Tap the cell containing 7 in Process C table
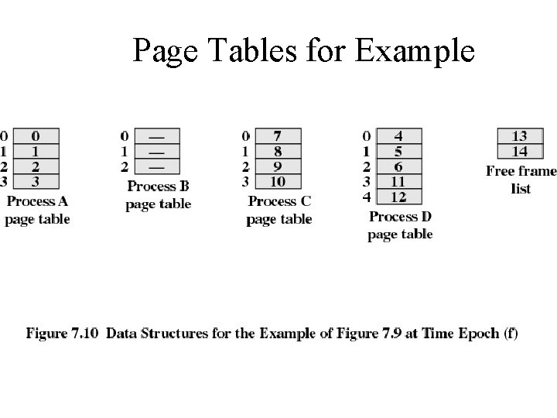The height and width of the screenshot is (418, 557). click(x=277, y=136)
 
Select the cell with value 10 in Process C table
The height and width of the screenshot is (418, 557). click(x=277, y=182)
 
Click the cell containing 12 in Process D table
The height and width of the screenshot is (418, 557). click(x=398, y=197)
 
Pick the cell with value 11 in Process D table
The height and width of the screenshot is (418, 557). click(x=398, y=182)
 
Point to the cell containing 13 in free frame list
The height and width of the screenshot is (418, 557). click(x=519, y=136)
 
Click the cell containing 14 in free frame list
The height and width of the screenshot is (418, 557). click(x=519, y=151)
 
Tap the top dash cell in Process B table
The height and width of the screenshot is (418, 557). click(x=156, y=136)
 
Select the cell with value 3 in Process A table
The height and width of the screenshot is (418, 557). click(x=36, y=182)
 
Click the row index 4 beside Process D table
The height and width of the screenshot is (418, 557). click(x=366, y=197)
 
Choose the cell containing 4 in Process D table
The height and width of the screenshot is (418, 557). click(x=398, y=136)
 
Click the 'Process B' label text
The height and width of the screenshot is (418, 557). click(x=159, y=187)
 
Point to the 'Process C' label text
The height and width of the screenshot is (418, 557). click(x=279, y=202)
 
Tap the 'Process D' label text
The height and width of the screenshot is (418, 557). click(x=400, y=217)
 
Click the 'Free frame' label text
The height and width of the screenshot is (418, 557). click(x=521, y=171)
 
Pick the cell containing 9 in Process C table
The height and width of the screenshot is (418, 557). click(x=277, y=166)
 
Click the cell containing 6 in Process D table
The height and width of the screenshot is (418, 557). click(x=398, y=166)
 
